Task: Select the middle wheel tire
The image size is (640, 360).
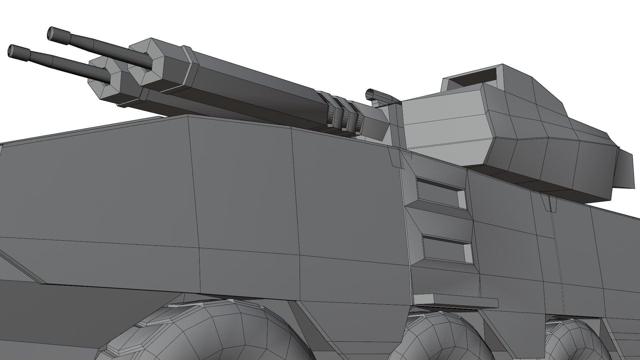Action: [x=433, y=337]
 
